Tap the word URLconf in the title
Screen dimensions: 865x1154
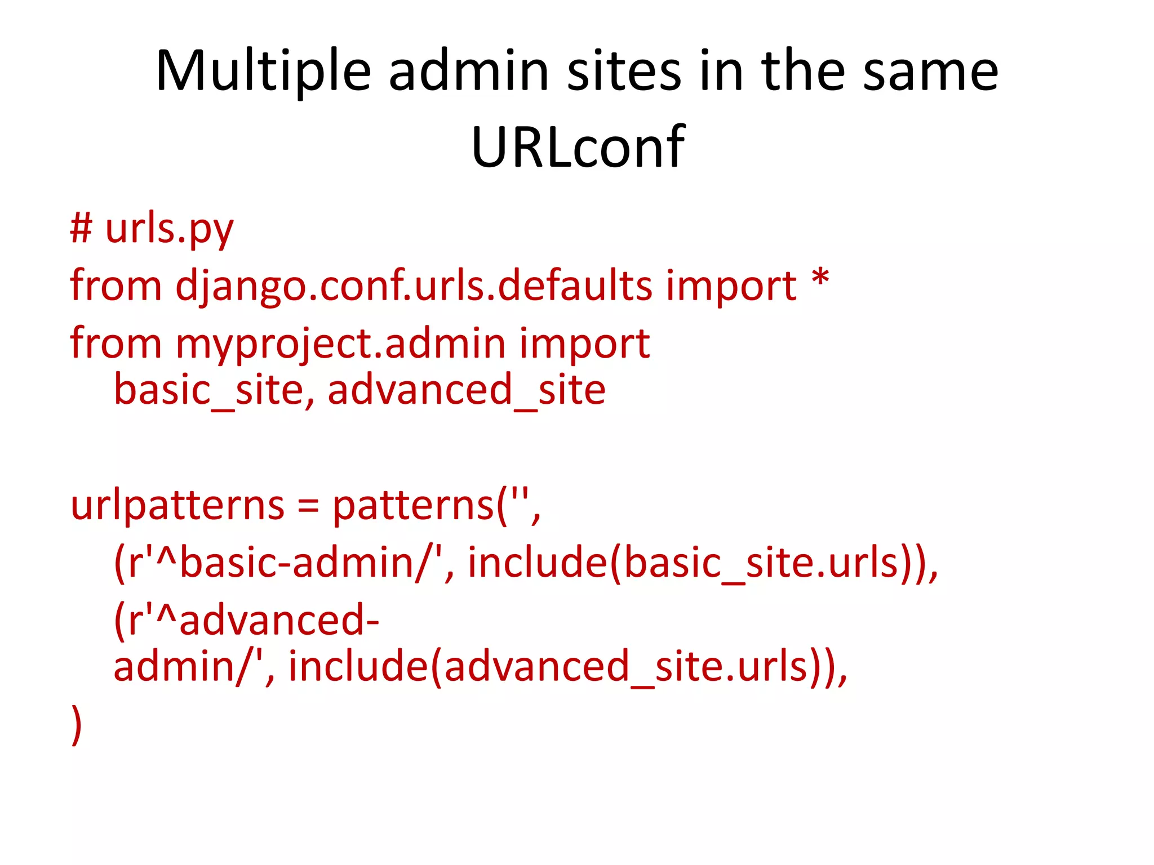pos(577,148)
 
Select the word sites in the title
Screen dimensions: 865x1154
pos(624,72)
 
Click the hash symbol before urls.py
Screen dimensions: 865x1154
pos(81,229)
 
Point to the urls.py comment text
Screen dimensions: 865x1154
pos(169,230)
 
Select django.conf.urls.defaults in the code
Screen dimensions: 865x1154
pos(414,286)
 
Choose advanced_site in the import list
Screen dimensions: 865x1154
pos(466,390)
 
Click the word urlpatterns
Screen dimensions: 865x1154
pos(177,505)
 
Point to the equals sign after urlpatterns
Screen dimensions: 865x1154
pos(308,506)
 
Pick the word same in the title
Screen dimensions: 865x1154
pos(930,72)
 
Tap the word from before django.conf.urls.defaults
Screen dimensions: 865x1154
pos(116,286)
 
